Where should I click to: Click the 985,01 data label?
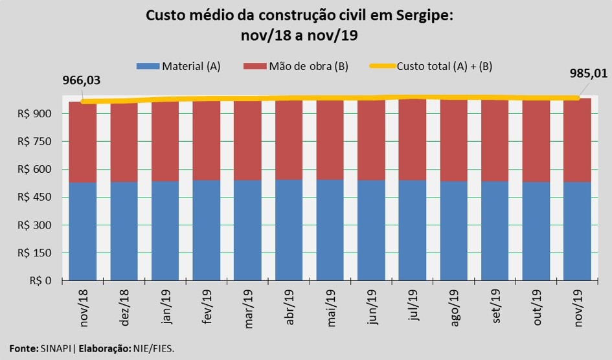click(x=589, y=73)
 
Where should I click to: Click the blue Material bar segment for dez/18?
click(x=124, y=231)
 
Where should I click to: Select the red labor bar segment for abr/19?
click(x=289, y=139)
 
